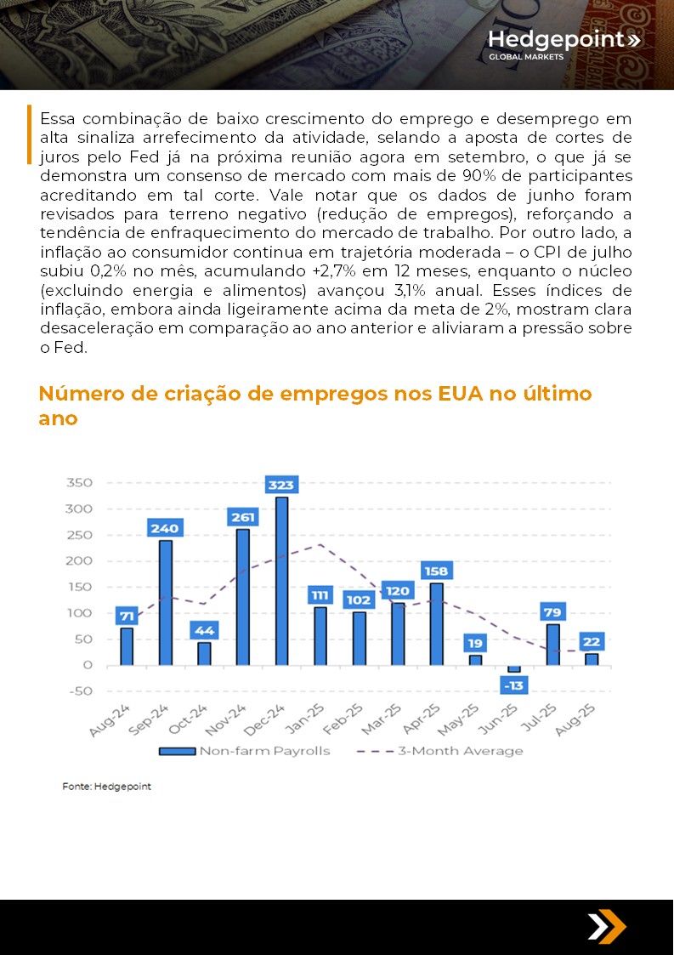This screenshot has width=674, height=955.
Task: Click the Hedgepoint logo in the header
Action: click(x=564, y=44)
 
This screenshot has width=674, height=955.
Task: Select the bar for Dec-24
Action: click(x=281, y=581)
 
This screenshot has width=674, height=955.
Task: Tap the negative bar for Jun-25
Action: click(x=514, y=668)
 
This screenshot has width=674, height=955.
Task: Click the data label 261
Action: click(x=243, y=517)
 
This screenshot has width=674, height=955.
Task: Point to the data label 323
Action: click(x=281, y=485)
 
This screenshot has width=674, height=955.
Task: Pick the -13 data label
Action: click(x=514, y=685)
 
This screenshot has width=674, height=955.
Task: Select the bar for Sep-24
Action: click(x=165, y=602)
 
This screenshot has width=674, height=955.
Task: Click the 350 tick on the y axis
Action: click(x=79, y=482)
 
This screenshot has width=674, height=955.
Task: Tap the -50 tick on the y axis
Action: click(x=81, y=691)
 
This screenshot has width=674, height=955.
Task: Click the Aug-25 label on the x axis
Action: click(x=575, y=720)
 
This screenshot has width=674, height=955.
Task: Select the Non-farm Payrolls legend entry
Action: click(x=244, y=751)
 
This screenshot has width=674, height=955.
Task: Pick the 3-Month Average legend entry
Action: click(x=439, y=751)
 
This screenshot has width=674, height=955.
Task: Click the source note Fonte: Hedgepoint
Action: click(x=106, y=787)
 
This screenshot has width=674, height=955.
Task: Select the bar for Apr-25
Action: click(x=437, y=623)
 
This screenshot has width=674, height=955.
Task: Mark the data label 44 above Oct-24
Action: click(x=205, y=630)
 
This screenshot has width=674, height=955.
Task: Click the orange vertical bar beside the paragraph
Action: click(x=29, y=134)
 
